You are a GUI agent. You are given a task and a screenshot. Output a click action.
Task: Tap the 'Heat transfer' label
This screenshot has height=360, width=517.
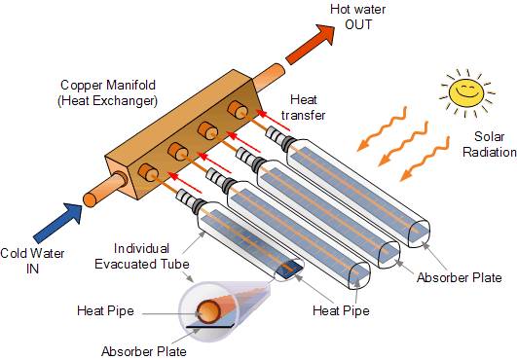[x=309, y=107]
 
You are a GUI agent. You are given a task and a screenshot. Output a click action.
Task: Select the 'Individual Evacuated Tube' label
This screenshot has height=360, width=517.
[x=145, y=254]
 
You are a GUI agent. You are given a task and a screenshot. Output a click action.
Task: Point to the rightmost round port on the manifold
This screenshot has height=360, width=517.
[x=236, y=107]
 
